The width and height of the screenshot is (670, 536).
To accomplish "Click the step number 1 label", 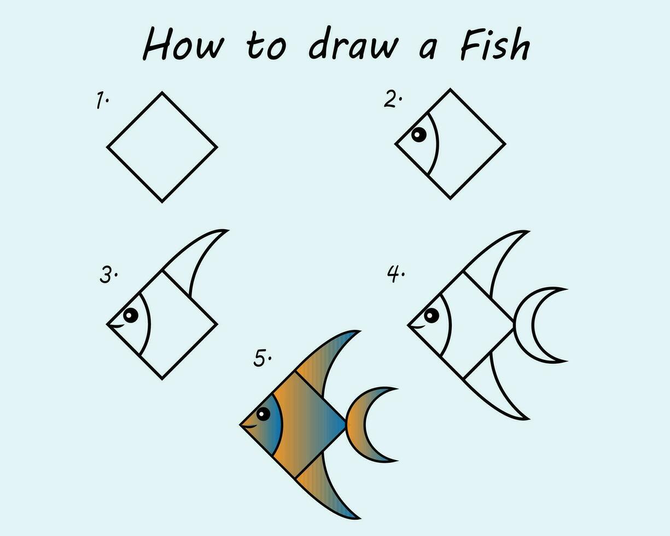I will point(102,101).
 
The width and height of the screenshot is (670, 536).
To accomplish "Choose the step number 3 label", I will point(108,275).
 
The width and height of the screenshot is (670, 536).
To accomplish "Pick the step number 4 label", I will point(395,273).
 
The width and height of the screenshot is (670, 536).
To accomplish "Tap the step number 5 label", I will point(262,358).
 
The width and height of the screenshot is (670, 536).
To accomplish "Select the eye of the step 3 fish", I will point(131,314).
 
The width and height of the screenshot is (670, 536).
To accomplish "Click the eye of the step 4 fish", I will point(431,316).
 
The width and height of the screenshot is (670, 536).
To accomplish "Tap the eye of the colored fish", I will point(263,414).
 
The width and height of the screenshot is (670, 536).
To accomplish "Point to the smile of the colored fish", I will point(250,426).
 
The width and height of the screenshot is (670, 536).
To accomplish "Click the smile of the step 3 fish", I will point(118,327).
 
